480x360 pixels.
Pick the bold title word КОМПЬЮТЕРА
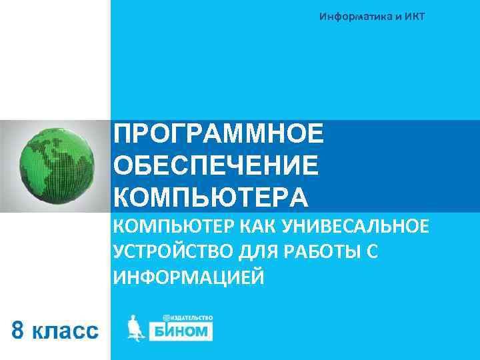(x=211, y=197)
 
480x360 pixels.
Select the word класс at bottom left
(x=65, y=331)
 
